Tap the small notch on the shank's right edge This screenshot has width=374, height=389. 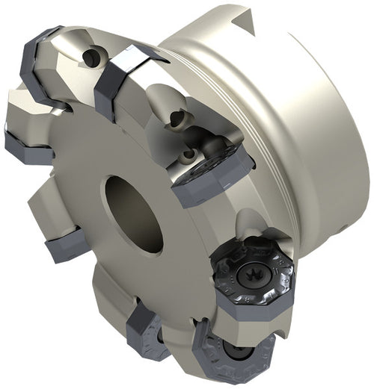pos(358,225)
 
